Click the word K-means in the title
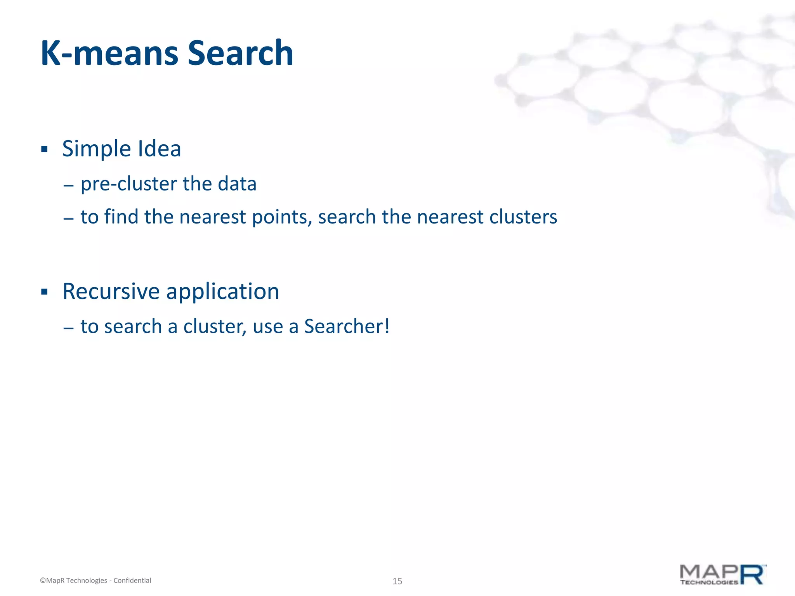pyautogui.click(x=109, y=53)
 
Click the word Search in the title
pyautogui.click(x=240, y=53)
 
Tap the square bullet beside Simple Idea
pyautogui.click(x=44, y=149)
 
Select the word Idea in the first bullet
pyautogui.click(x=159, y=149)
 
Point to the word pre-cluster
pyautogui.click(x=128, y=184)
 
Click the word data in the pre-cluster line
pyautogui.click(x=237, y=184)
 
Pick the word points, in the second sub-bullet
pyautogui.click(x=282, y=217)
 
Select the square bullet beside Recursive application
pyautogui.click(x=44, y=291)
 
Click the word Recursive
pyautogui.click(x=111, y=291)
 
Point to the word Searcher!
pyautogui.click(x=347, y=326)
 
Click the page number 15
pyautogui.click(x=397, y=581)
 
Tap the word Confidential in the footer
pyautogui.click(x=132, y=580)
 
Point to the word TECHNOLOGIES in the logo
pyautogui.click(x=708, y=582)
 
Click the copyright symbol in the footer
pyautogui.click(x=43, y=580)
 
